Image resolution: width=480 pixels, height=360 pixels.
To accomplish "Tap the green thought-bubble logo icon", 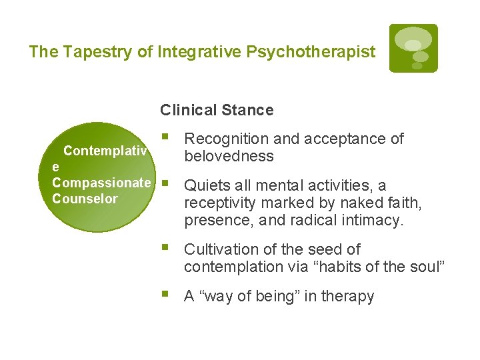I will click(413, 48).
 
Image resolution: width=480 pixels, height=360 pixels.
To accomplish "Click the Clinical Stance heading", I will click(217, 110).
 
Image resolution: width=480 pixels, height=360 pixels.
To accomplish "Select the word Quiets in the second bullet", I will click(205, 185).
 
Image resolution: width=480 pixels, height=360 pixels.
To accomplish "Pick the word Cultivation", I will click(223, 249).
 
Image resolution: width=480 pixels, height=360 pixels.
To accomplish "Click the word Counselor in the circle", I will click(85, 199).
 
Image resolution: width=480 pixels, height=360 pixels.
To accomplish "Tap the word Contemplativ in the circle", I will click(105, 151).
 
